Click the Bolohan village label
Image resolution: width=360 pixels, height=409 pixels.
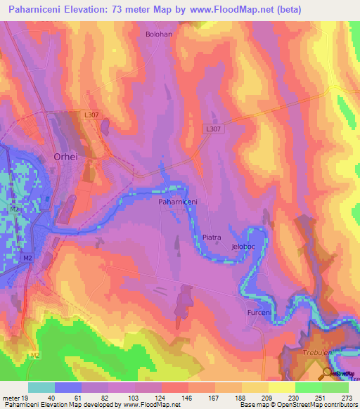[x=158, y=34]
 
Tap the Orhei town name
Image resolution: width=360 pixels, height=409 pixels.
[x=67, y=157]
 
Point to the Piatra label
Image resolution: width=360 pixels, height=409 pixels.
[x=212, y=238]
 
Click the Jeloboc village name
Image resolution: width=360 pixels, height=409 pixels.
[x=243, y=247]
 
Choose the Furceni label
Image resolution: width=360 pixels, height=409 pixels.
[x=259, y=311]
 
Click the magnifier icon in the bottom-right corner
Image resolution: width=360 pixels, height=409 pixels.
[x=328, y=373]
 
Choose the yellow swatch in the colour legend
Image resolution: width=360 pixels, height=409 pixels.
[x=282, y=387]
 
